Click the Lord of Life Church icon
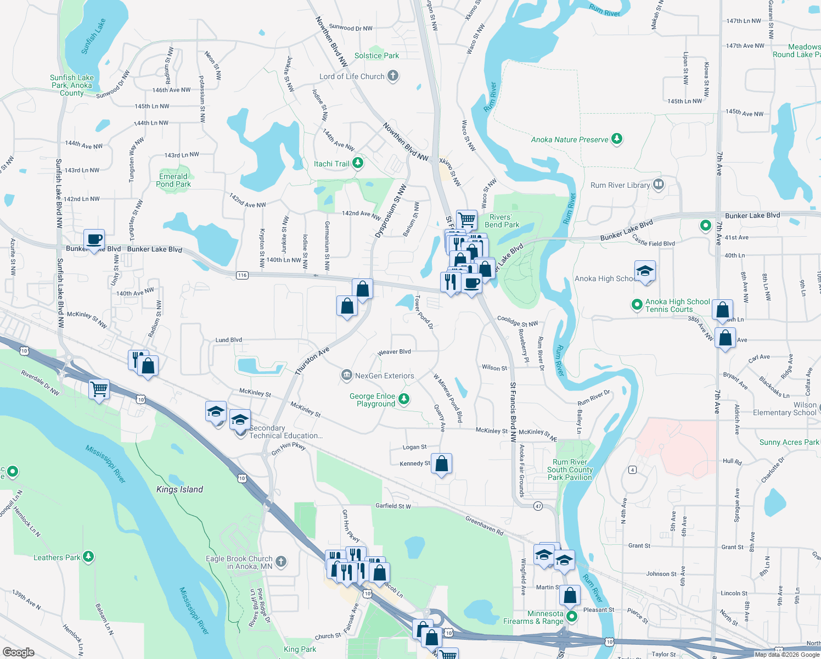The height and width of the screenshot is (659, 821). coord(392,76)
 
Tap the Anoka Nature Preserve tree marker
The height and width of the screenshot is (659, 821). coord(617,139)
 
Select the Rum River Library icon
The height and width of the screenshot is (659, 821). coord(659,185)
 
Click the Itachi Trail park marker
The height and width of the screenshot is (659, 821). coord(358,163)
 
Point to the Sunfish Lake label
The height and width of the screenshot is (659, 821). coord(93,37)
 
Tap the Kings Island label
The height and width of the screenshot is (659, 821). coord(179,489)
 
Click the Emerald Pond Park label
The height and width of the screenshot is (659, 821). coord(173,180)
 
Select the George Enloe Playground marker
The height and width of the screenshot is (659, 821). coord(404,399)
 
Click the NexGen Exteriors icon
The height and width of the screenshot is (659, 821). coord(346,376)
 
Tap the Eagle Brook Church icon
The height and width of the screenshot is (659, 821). coord(281,561)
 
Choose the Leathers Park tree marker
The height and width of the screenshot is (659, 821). coord(88,557)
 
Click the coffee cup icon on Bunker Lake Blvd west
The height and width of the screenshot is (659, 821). coord(94,239)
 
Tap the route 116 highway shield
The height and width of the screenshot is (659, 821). coord(242,275)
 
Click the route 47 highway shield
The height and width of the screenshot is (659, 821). coord(538,506)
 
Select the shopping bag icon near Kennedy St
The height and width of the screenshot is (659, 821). coord(442,464)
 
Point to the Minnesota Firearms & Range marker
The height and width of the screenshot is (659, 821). coord(572,617)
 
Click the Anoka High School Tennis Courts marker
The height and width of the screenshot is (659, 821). coord(637,304)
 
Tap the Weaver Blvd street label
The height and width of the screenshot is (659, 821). coord(394,352)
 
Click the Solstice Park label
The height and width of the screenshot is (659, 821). coord(376,55)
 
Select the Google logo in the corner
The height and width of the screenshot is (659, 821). coord(18,652)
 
